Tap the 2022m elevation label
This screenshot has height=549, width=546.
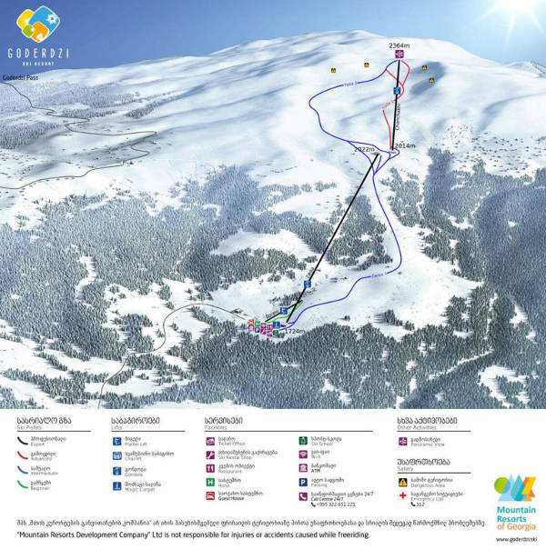click(364, 148)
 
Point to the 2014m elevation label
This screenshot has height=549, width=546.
click(404, 145)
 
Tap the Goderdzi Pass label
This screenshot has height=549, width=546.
click(19, 79)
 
